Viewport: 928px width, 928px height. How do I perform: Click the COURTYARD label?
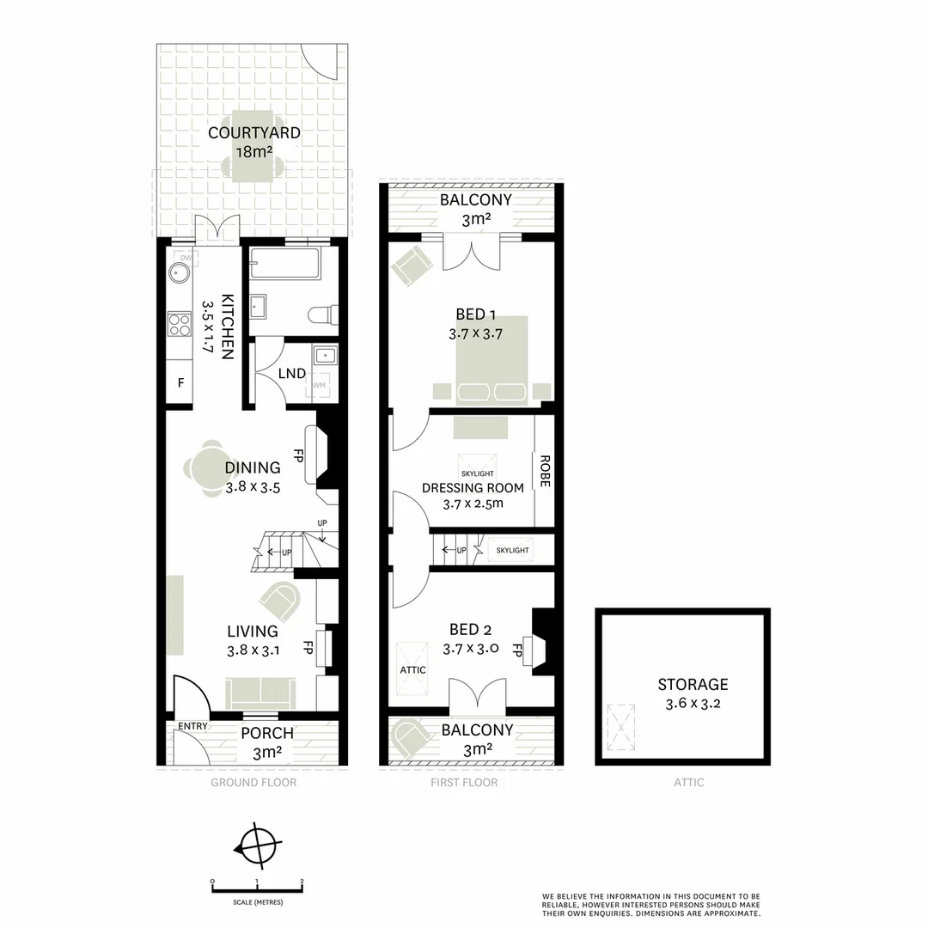tap(253, 133)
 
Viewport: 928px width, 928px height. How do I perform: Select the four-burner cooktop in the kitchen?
tap(180, 324)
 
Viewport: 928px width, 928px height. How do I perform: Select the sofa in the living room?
tap(259, 691)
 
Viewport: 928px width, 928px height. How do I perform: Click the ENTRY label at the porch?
tap(192, 726)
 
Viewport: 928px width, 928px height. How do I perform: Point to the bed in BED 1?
tap(491, 359)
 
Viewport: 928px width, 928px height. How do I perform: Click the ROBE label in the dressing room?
tap(544, 472)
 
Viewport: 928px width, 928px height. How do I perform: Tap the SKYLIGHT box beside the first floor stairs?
tap(512, 550)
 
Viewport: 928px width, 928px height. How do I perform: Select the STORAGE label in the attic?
tap(693, 685)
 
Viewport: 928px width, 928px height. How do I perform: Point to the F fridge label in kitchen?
tap(180, 383)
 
